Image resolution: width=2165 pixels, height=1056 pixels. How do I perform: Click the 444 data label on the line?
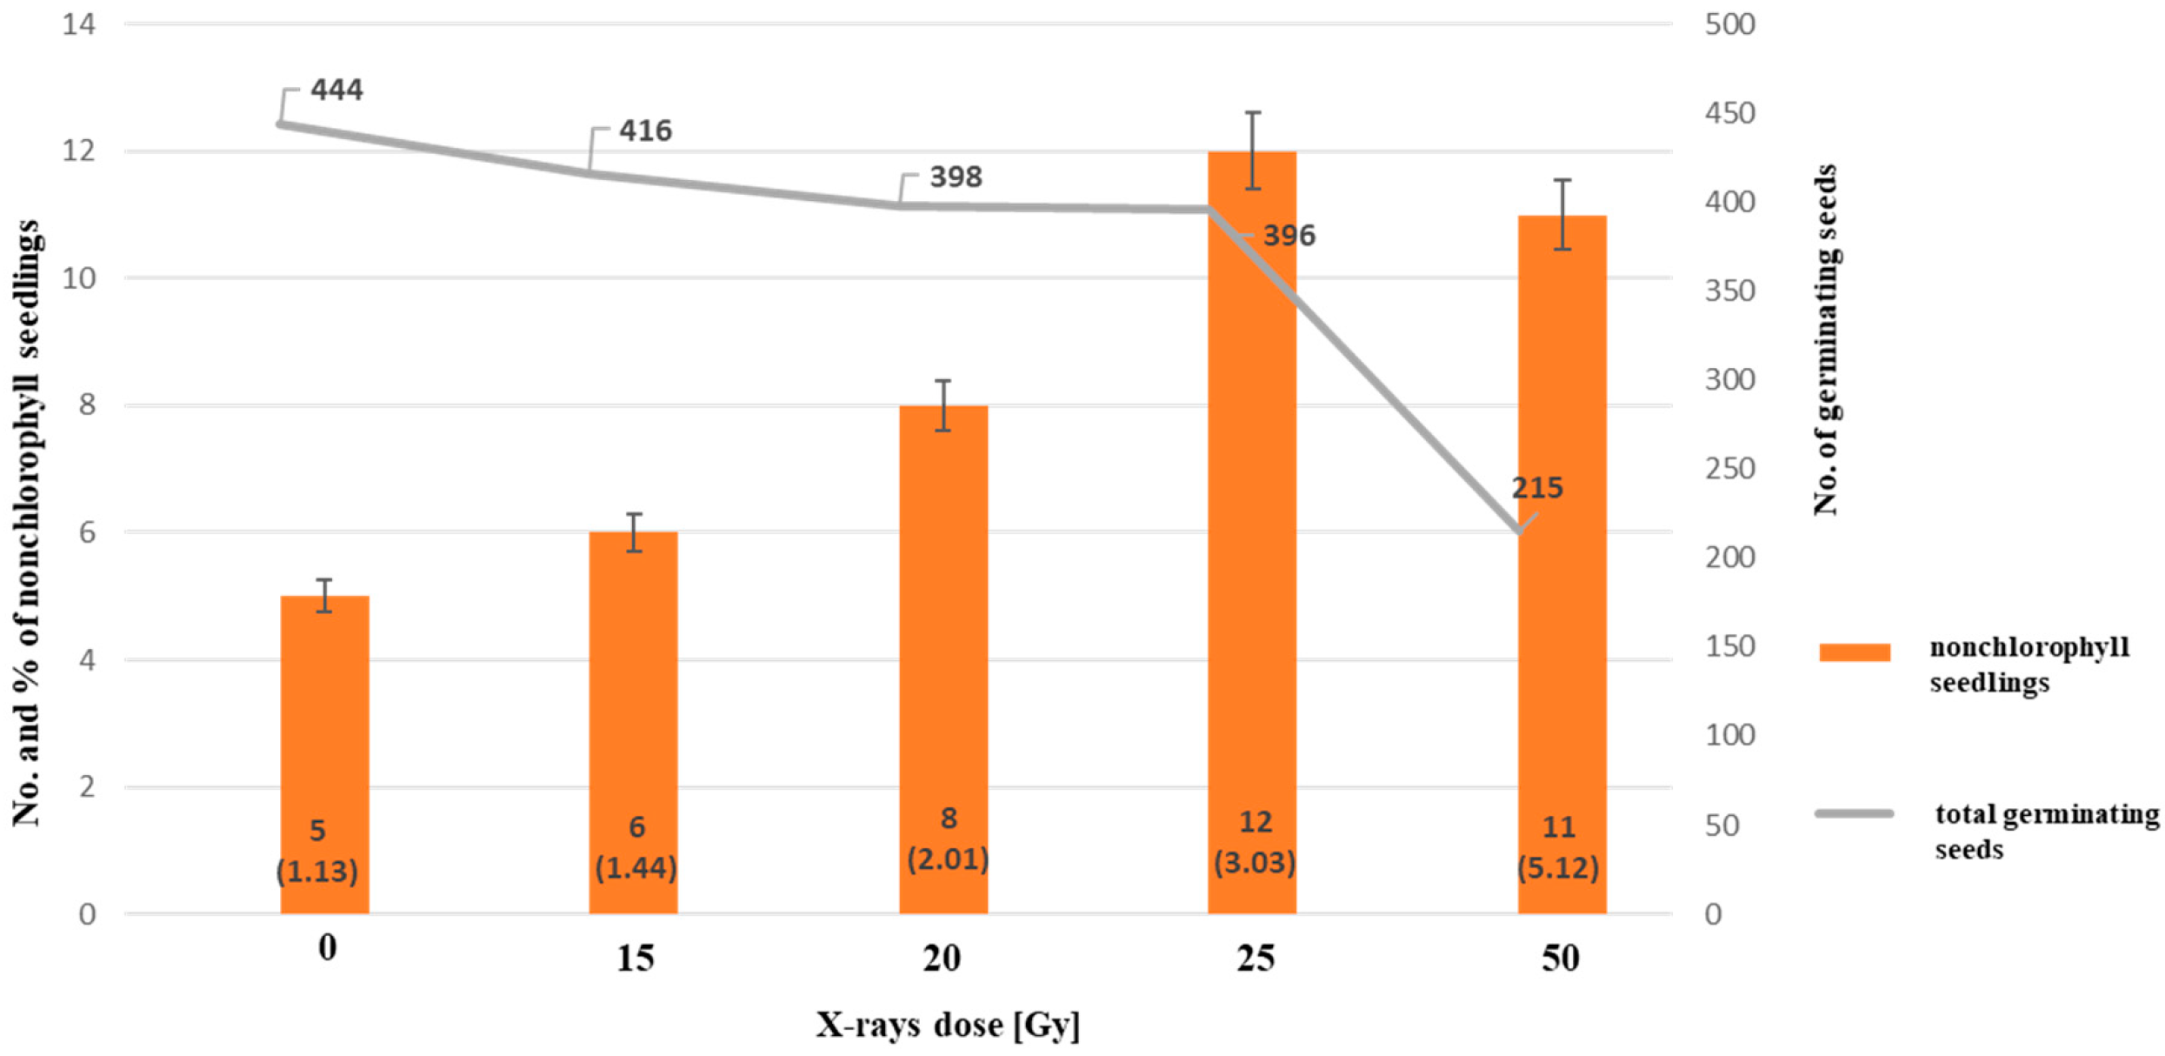click(336, 90)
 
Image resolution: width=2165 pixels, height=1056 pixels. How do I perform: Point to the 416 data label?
click(645, 130)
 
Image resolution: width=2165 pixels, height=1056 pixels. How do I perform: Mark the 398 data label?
click(956, 177)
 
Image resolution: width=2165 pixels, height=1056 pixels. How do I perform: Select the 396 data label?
click(1289, 236)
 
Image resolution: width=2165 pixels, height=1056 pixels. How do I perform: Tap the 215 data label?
click(1536, 488)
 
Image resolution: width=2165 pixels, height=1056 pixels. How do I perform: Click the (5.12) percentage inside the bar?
click(1557, 867)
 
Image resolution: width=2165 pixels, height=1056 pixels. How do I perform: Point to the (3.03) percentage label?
click(1255, 863)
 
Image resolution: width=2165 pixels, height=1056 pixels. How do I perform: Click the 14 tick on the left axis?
click(78, 24)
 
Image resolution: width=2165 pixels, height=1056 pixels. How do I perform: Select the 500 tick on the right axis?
click(1729, 24)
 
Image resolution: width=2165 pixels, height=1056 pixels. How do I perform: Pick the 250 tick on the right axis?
click(1729, 469)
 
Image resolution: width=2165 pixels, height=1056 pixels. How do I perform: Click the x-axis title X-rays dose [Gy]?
click(948, 1025)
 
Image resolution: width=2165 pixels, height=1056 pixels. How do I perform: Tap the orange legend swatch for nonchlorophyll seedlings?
click(1854, 652)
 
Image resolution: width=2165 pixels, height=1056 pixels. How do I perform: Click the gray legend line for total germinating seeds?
click(1854, 813)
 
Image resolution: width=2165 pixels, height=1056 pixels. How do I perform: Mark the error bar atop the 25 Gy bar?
click(1252, 150)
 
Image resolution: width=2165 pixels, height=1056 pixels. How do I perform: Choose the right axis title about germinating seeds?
click(1826, 339)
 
